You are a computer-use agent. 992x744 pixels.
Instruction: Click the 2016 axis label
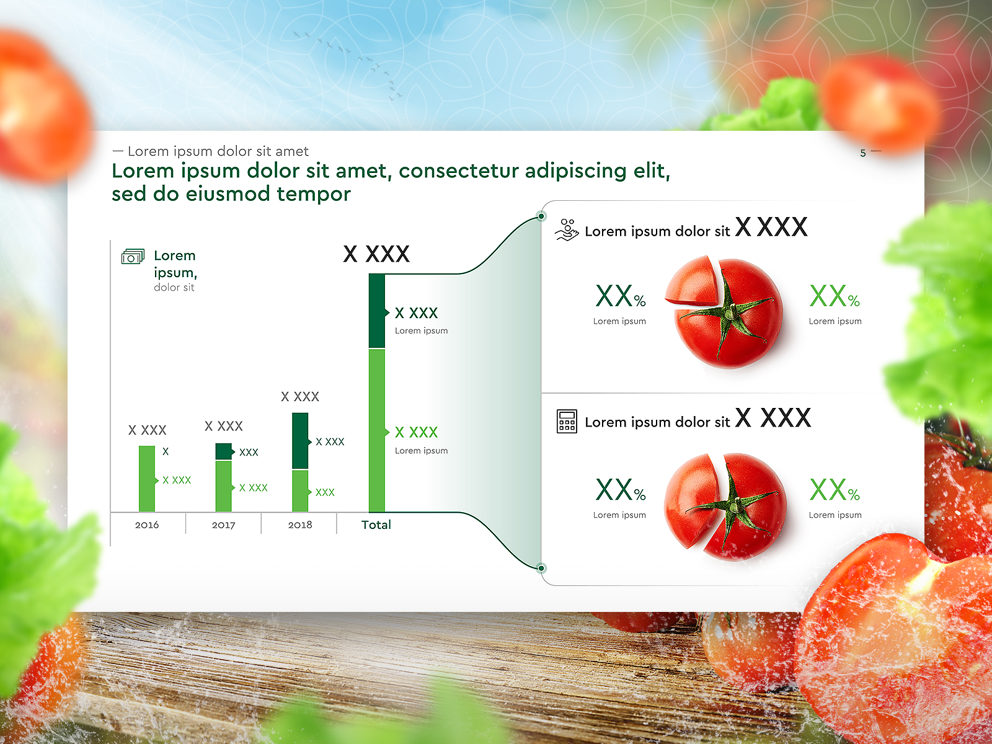click(x=147, y=525)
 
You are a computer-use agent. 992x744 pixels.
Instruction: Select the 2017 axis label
click(x=223, y=525)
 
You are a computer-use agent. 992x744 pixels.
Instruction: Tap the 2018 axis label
click(x=300, y=525)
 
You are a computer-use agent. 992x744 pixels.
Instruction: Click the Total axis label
click(x=376, y=525)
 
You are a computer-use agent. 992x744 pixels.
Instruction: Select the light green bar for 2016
click(x=147, y=479)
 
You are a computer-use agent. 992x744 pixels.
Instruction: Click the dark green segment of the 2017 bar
click(x=223, y=451)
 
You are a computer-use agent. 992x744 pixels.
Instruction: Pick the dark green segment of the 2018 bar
click(x=300, y=440)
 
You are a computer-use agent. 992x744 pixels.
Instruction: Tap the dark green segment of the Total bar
click(x=377, y=311)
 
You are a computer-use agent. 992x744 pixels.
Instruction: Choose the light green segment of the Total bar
click(x=377, y=430)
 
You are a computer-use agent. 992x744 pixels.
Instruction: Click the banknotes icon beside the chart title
click(x=133, y=256)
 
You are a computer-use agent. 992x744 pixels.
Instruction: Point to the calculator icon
click(x=567, y=422)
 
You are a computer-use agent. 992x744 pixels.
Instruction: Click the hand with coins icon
click(x=567, y=230)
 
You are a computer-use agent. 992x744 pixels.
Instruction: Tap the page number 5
click(x=863, y=153)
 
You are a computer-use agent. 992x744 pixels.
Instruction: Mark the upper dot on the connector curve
click(x=541, y=216)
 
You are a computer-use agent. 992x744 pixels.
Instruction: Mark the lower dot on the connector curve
click(x=541, y=568)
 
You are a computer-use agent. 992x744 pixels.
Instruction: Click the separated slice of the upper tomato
click(x=691, y=282)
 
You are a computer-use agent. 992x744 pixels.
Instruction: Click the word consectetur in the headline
click(x=458, y=170)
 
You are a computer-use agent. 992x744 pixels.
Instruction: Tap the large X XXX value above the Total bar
click(x=376, y=254)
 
